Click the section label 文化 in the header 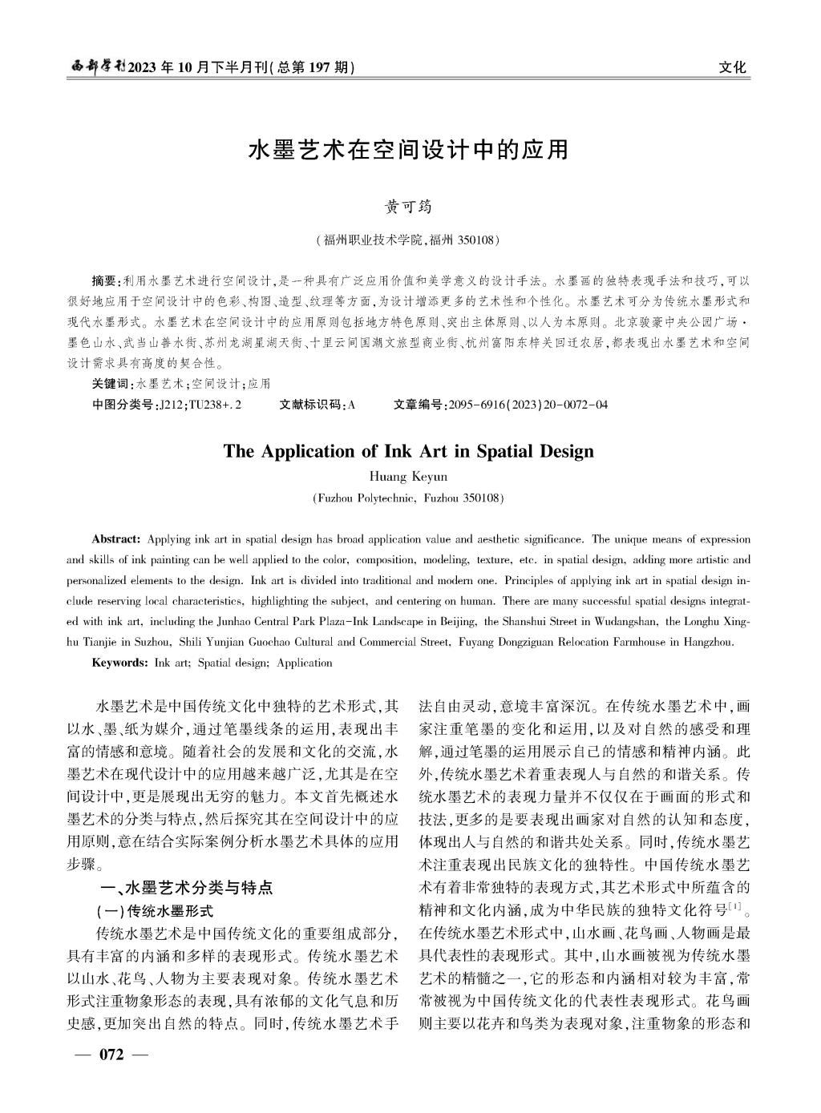(733, 67)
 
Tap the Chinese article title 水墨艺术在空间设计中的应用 (409, 149)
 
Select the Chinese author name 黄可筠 (409, 207)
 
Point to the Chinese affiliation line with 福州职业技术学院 (409, 240)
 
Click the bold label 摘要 (103, 281)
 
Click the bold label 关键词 (113, 384)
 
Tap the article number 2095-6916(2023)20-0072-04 (529, 405)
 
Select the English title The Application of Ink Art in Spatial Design (409, 451)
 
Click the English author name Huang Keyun (409, 477)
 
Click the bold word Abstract (116, 539)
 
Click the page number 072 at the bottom (111, 1055)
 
